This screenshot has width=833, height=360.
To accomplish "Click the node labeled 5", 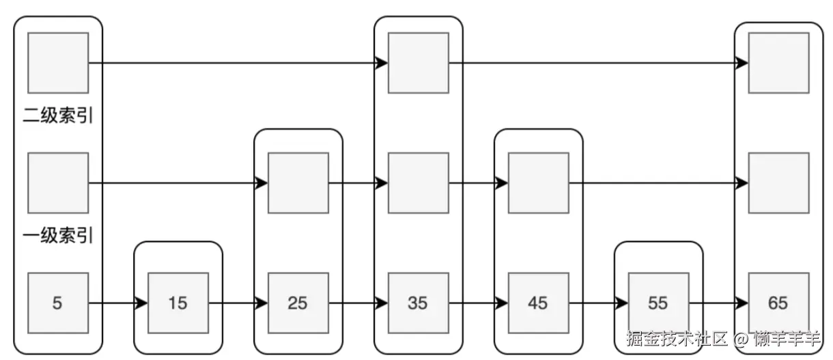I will tap(58, 303).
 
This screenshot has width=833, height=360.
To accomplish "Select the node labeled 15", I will tap(178, 303).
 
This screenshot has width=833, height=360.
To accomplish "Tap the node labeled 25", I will tap(298, 303).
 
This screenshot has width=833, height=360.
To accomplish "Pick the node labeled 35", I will tap(419, 303).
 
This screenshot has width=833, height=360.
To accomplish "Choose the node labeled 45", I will tap(539, 303).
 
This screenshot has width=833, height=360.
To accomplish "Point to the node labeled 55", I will tap(659, 303).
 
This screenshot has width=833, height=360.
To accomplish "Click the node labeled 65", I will tap(779, 303).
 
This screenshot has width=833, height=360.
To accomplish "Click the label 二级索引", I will tap(58, 116).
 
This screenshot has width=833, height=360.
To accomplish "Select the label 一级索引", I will tap(58, 236).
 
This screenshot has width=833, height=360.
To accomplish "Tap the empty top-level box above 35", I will tap(419, 63).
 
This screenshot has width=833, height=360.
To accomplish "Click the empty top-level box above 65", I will tap(779, 63).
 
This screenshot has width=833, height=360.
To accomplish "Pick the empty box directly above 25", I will tap(298, 183).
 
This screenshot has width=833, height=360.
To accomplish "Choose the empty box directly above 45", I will tap(539, 183).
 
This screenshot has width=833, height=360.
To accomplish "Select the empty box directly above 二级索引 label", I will tap(58, 63).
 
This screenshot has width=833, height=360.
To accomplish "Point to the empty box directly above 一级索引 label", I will tap(58, 183).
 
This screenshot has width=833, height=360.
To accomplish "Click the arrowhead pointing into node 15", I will tap(142, 303).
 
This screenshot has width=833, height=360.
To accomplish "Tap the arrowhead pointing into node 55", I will tap(623, 303).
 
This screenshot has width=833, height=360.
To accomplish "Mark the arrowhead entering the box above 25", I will tap(262, 183).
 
